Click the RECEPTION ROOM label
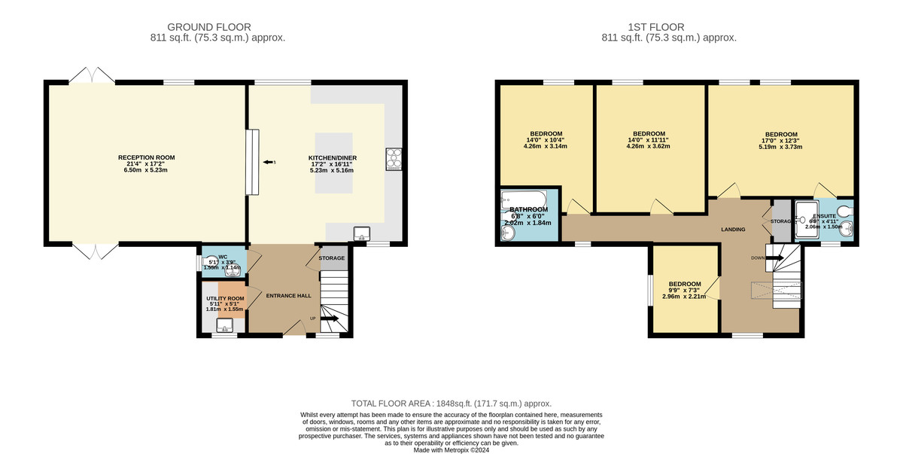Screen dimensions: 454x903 [x=146, y=157]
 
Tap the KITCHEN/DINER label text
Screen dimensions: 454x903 [x=332, y=157]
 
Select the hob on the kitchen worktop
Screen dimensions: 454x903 [x=394, y=159]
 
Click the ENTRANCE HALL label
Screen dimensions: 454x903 [x=288, y=296]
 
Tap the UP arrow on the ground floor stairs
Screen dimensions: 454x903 [x=328, y=318]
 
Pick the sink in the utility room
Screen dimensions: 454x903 [x=224, y=325]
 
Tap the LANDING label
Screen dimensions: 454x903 [x=733, y=229]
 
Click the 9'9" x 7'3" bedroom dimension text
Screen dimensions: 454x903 [x=685, y=291]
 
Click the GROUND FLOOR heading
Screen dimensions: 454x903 [x=209, y=27]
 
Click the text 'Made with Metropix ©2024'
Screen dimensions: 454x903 [x=451, y=449]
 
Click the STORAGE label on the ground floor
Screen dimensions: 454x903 [x=331, y=258]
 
